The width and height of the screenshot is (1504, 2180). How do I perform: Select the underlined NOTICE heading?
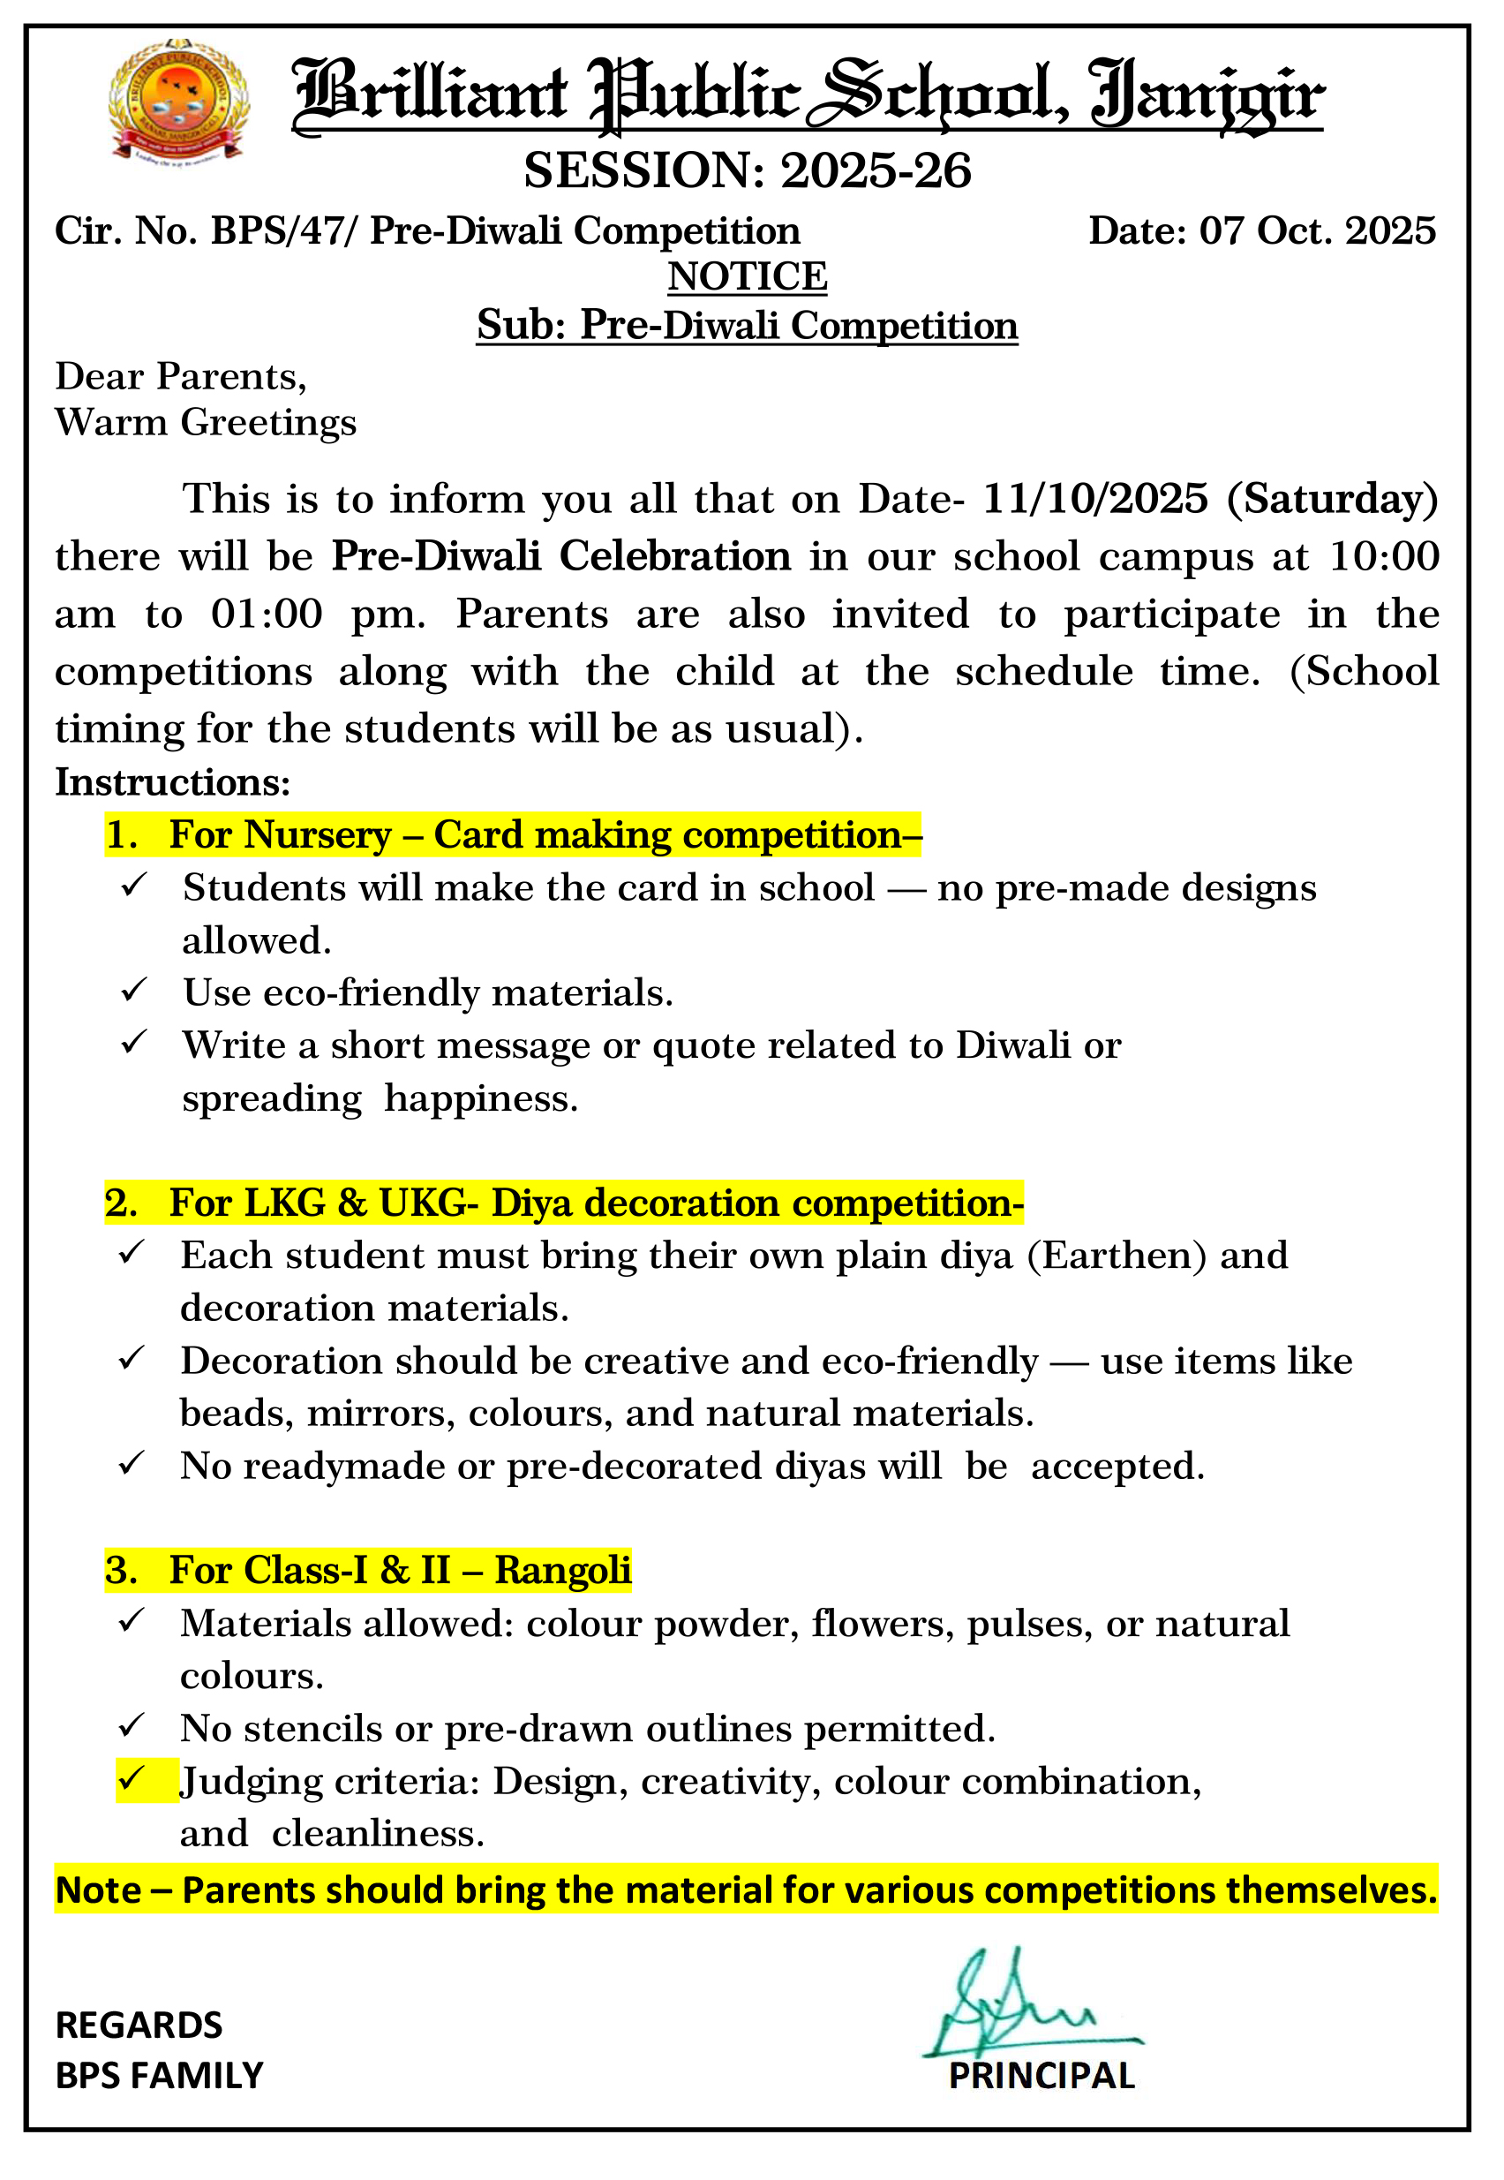coord(748,277)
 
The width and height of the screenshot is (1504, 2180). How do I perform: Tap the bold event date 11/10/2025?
coord(1095,499)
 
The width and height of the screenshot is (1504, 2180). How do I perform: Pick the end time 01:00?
coord(267,615)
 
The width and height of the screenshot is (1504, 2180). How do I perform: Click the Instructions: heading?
coord(172,782)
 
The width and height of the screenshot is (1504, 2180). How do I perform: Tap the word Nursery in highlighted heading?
coord(318,836)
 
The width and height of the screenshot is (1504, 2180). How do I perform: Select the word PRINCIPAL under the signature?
coord(1042,2077)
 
